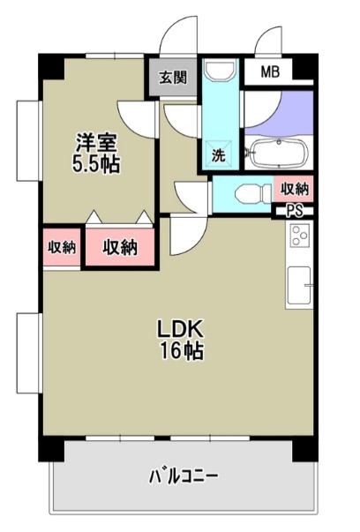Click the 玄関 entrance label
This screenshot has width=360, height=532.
tap(173, 77)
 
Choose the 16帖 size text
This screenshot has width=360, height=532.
tap(182, 351)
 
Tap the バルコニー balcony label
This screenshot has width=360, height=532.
tap(183, 477)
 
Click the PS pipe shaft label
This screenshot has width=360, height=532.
tap(294, 210)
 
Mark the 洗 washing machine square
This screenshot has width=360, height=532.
tap(218, 155)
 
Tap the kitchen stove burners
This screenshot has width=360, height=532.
tap(300, 236)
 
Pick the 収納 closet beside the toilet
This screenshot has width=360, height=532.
tap(295, 188)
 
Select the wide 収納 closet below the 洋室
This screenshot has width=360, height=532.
tap(120, 247)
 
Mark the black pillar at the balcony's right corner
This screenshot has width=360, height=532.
tap(304, 448)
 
